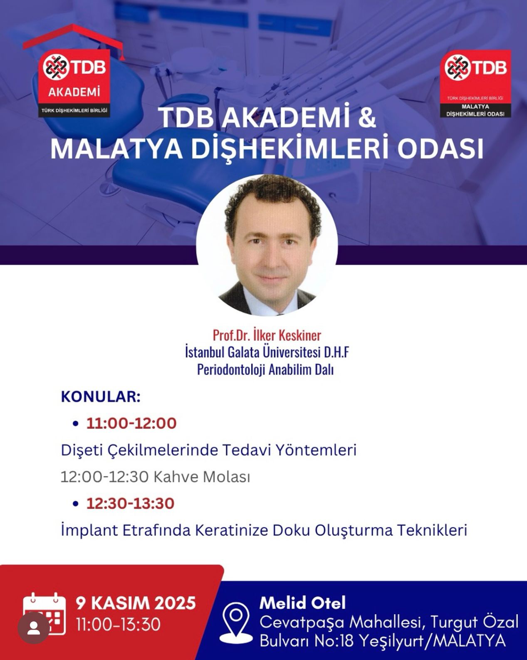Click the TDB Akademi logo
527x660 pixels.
tap(74, 71)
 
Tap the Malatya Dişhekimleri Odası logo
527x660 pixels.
tap(475, 84)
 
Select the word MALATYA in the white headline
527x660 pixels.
tap(116, 149)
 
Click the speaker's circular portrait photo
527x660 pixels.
tap(267, 245)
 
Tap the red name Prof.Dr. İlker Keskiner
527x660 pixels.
tap(267, 335)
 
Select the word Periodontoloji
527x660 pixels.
tap(231, 370)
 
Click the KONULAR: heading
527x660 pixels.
tap(101, 397)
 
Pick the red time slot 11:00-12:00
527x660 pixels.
tap(131, 424)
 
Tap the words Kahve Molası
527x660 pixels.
tap(202, 477)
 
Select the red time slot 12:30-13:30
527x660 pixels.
tap(131, 504)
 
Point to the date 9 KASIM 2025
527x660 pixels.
tap(136, 603)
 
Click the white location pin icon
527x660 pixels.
tap(236, 623)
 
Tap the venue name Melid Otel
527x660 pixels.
tap(302, 602)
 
